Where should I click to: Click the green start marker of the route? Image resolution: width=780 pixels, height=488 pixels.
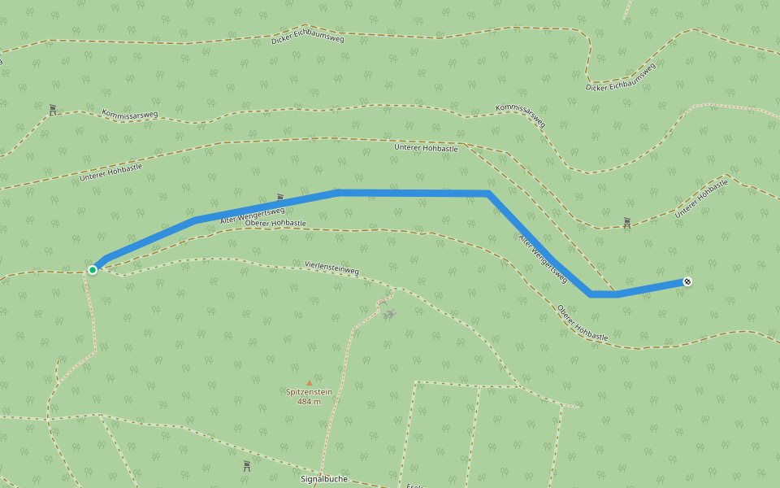[93, 269]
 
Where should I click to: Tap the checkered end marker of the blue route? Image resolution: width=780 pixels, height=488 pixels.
[687, 281]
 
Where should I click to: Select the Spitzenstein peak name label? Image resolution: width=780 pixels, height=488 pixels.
[309, 391]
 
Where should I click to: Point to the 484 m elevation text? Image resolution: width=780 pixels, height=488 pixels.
[309, 401]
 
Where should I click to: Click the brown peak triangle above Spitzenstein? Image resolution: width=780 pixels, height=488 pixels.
[309, 381]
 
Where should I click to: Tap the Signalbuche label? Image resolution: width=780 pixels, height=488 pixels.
[324, 479]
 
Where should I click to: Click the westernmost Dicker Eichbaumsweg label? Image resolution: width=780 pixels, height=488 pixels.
[308, 39]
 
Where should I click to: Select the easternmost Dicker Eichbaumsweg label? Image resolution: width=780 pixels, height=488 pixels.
[620, 76]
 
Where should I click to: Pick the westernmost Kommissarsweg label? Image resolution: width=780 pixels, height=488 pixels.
[129, 115]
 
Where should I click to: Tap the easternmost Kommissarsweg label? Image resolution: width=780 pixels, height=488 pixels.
[520, 116]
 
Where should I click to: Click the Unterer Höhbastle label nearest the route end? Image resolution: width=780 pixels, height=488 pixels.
[701, 198]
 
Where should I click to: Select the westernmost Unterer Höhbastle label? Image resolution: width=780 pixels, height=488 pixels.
[110, 172]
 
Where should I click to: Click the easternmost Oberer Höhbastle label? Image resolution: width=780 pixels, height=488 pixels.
[583, 323]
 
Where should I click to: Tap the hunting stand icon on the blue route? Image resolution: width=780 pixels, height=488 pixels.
[280, 198]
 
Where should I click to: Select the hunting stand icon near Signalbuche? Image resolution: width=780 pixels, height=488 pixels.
[246, 465]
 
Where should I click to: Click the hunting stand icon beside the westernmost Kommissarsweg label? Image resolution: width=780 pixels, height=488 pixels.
[53, 110]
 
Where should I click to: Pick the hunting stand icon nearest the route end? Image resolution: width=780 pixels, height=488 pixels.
[626, 221]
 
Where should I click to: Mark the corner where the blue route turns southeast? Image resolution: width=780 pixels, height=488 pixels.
[487, 194]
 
